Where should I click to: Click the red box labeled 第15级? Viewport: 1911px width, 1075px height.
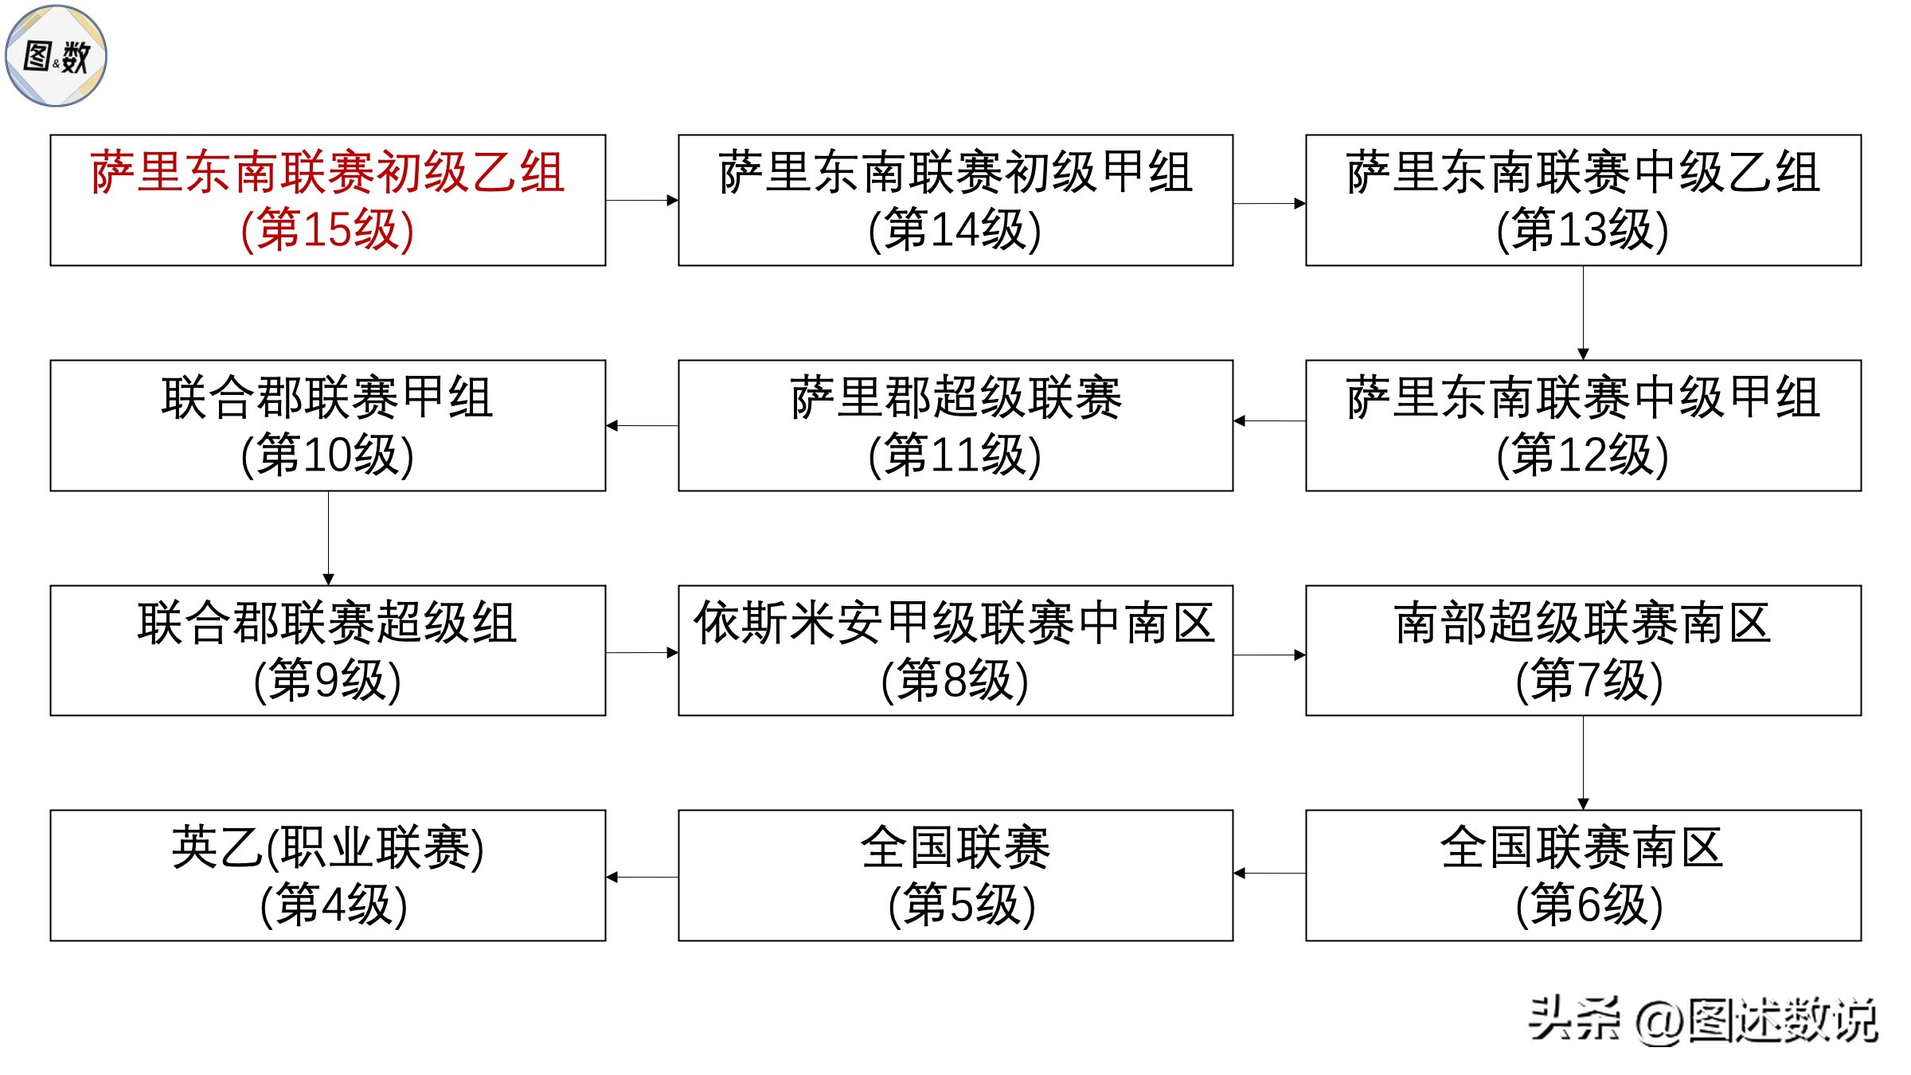[x=327, y=200]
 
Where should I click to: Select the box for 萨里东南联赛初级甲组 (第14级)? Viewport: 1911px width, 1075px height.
[x=955, y=200]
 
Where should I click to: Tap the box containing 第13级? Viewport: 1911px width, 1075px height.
[x=1582, y=200]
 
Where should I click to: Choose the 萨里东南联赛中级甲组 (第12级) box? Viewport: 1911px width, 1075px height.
[x=1582, y=425]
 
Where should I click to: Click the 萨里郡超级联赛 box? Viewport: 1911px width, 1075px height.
[x=955, y=425]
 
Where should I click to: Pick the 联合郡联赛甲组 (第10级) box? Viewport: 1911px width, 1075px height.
[x=327, y=425]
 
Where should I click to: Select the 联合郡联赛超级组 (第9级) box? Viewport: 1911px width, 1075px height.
[x=327, y=651]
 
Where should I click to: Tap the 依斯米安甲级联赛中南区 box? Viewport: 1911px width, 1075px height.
[x=955, y=651]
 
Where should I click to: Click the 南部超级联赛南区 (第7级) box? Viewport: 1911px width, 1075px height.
[x=1582, y=651]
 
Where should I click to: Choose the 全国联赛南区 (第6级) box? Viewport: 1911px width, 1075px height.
[x=1582, y=875]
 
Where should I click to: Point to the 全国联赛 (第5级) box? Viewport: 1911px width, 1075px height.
[x=955, y=875]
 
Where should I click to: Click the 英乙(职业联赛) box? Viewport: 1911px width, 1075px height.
[x=327, y=875]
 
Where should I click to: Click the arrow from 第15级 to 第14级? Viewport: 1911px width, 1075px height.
[x=642, y=201]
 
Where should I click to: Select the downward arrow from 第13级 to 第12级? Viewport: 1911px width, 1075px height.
[x=1583, y=313]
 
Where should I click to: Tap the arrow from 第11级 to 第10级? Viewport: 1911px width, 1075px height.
[x=642, y=426]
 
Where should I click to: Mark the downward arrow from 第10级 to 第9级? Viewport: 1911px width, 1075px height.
[x=328, y=538]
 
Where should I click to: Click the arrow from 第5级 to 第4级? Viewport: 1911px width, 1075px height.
[x=642, y=878]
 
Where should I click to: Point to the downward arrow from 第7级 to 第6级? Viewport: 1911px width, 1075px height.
[x=1583, y=763]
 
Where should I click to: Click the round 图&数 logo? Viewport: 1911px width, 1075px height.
[x=56, y=56]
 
